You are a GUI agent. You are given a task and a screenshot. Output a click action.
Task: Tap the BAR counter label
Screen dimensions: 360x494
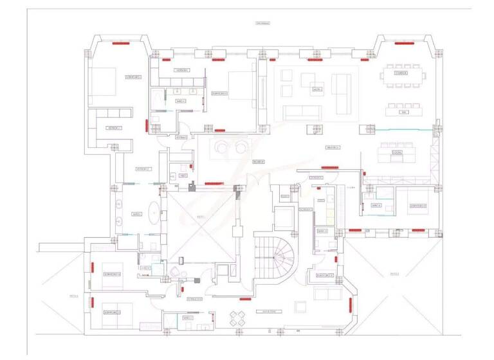(404, 113)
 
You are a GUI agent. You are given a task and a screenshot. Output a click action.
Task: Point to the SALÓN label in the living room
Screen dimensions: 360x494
(316, 89)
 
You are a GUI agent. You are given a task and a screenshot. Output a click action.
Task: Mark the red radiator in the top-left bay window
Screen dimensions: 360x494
(120, 44)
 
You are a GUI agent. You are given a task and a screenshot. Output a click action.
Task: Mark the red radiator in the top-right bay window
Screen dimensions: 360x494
(404, 44)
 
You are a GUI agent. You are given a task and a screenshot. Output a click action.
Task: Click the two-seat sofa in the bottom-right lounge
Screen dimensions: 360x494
(327, 294)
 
